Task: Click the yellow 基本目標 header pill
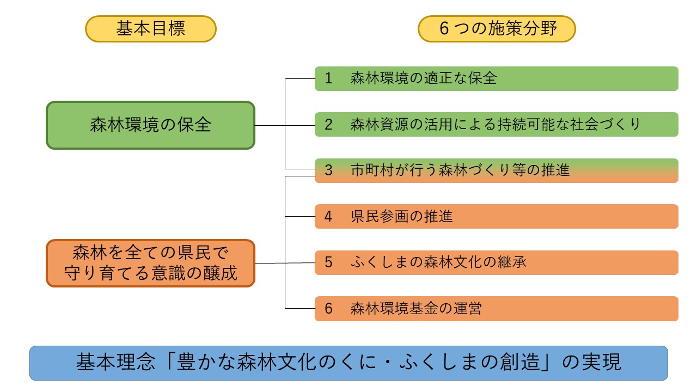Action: [151, 29]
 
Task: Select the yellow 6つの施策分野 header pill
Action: [497, 29]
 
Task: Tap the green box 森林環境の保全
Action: [151, 125]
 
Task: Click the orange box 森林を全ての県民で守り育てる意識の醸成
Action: [151, 264]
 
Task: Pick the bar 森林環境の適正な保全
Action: [496, 78]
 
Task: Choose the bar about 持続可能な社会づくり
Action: [496, 124]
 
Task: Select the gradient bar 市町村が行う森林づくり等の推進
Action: [496, 170]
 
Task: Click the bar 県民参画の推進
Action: [496, 216]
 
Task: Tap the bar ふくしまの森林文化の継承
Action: [496, 262]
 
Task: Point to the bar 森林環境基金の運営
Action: [496, 309]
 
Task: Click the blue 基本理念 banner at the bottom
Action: [348, 363]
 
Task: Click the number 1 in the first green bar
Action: [328, 78]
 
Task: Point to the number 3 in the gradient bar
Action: [328, 170]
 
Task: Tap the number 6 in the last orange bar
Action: [328, 309]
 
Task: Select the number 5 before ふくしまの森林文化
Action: [328, 262]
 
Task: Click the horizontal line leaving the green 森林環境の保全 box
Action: [270, 125]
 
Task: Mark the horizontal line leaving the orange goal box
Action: [270, 263]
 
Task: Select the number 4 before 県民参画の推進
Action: [328, 216]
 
